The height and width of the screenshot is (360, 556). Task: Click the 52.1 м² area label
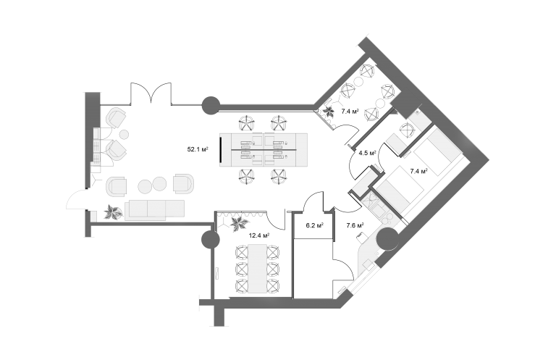point(198,149)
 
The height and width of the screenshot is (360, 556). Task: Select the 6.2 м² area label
point(314,225)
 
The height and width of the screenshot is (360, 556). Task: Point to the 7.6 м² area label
point(355,225)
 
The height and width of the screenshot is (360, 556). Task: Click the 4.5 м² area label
point(367,154)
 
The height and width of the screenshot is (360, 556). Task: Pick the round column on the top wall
point(211,105)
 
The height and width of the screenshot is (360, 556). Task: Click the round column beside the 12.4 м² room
point(211,240)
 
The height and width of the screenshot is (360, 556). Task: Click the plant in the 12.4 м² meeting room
point(239,224)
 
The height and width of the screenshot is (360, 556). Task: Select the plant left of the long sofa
point(113,212)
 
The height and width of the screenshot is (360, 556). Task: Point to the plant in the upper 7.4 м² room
point(327,112)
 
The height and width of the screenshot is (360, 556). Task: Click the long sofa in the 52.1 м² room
point(155,210)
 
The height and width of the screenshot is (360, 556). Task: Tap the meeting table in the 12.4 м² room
point(258,268)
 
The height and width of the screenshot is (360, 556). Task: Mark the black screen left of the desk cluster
point(220,149)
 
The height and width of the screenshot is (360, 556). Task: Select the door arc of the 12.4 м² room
point(276,221)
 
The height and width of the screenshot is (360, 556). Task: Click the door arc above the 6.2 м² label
point(314,201)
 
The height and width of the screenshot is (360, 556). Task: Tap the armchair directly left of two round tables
point(117,185)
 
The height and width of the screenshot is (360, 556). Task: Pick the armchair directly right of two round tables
point(184,184)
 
